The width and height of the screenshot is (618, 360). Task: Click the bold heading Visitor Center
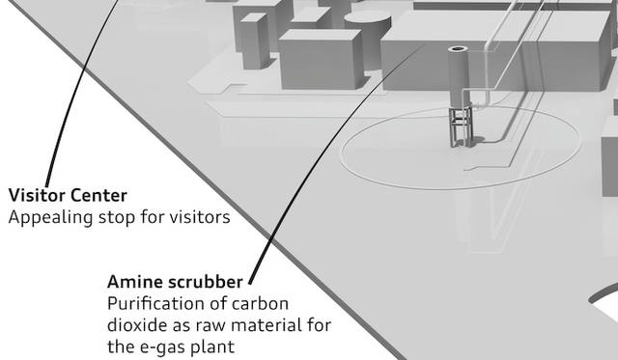pos(68,195)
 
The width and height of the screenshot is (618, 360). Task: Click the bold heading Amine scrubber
pos(175,282)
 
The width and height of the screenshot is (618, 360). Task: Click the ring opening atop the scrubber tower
pos(458,49)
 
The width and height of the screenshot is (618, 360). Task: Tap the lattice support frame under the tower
pos(461,126)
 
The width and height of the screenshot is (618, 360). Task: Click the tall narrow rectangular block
pos(254,41)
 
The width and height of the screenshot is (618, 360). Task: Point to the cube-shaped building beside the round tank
pos(322,59)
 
